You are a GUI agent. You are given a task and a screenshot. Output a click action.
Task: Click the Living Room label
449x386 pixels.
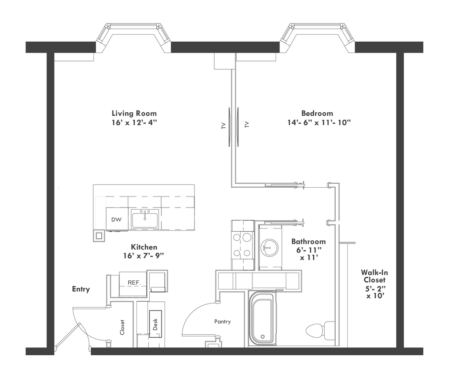[134, 113]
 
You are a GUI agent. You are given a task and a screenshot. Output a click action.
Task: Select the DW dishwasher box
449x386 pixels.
[116, 219]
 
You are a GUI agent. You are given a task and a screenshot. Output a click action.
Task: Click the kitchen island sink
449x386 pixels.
[145, 219]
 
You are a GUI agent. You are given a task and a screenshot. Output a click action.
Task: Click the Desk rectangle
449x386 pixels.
[155, 324]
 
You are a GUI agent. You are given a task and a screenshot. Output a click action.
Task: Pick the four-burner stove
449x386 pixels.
[243, 245]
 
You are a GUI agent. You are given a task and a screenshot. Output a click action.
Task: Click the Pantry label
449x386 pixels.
[223, 322]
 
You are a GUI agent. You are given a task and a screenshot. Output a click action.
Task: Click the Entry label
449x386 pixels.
[81, 289]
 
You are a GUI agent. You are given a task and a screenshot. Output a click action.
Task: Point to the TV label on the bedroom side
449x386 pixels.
[246, 125]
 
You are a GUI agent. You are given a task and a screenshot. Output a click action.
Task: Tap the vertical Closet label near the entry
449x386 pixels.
[122, 327]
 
